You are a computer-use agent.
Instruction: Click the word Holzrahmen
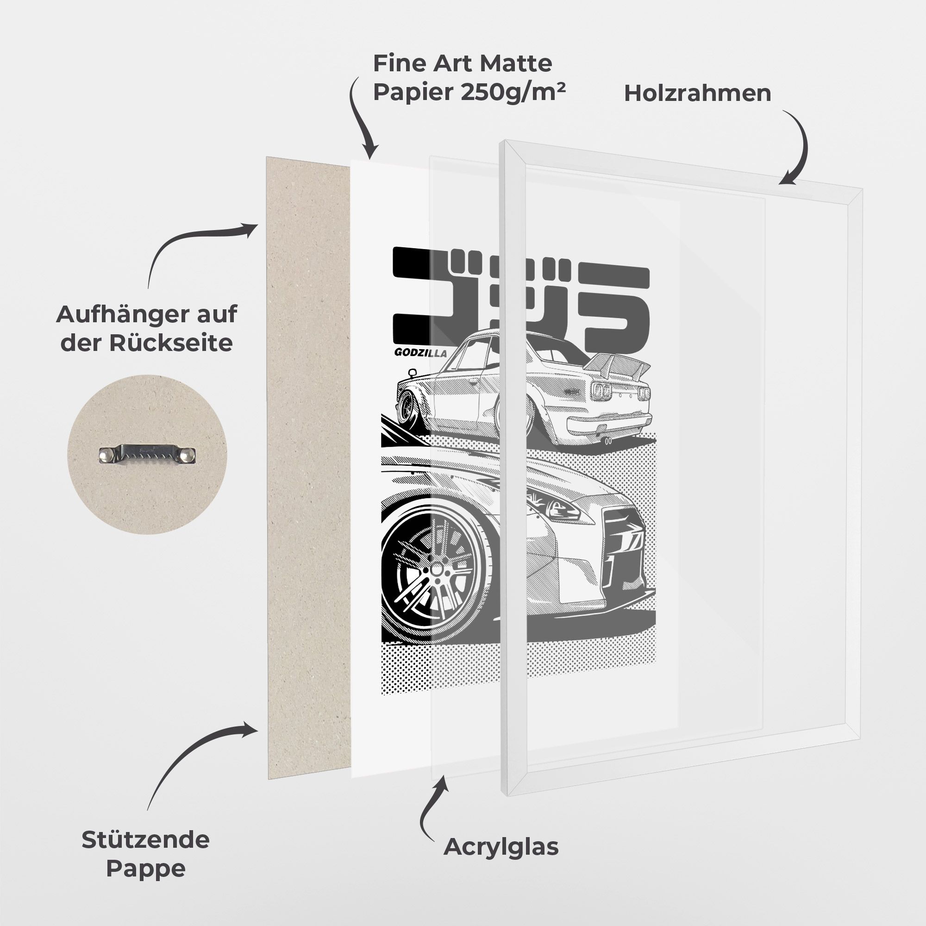[x=697, y=94]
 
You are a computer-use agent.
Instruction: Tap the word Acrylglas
[x=501, y=847]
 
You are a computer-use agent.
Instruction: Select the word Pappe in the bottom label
[x=146, y=869]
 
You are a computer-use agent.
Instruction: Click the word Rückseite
[x=171, y=343]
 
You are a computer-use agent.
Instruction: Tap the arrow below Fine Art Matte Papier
[x=358, y=115]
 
